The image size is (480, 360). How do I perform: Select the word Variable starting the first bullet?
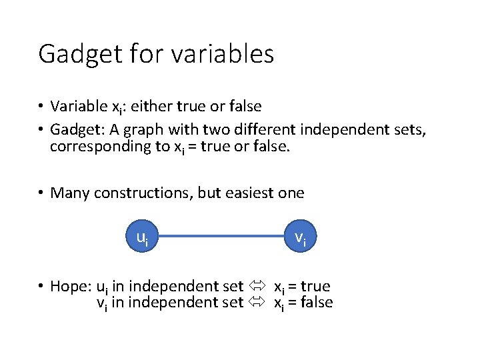[77, 107]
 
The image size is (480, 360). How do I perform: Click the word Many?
[69, 193]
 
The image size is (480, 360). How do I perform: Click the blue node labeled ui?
[143, 237]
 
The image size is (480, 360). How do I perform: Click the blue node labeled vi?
[301, 237]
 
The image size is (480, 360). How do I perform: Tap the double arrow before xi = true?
[257, 287]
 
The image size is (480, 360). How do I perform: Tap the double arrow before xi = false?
[257, 303]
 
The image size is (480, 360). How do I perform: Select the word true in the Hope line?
[315, 287]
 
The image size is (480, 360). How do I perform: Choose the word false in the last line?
[317, 303]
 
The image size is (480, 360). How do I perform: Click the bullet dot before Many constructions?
[41, 193]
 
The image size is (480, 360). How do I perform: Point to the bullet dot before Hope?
[41, 287]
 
